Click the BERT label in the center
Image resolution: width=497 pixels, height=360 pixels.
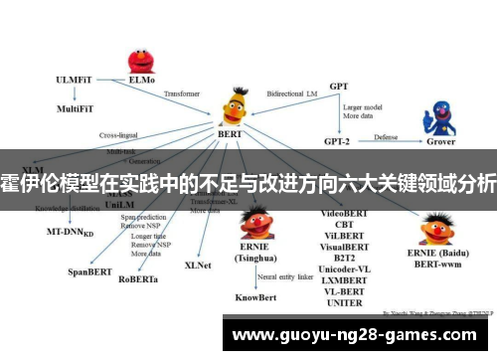[x=230, y=131]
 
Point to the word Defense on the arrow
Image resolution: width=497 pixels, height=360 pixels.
[x=387, y=136]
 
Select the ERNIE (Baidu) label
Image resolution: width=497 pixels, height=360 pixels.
[x=440, y=254]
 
